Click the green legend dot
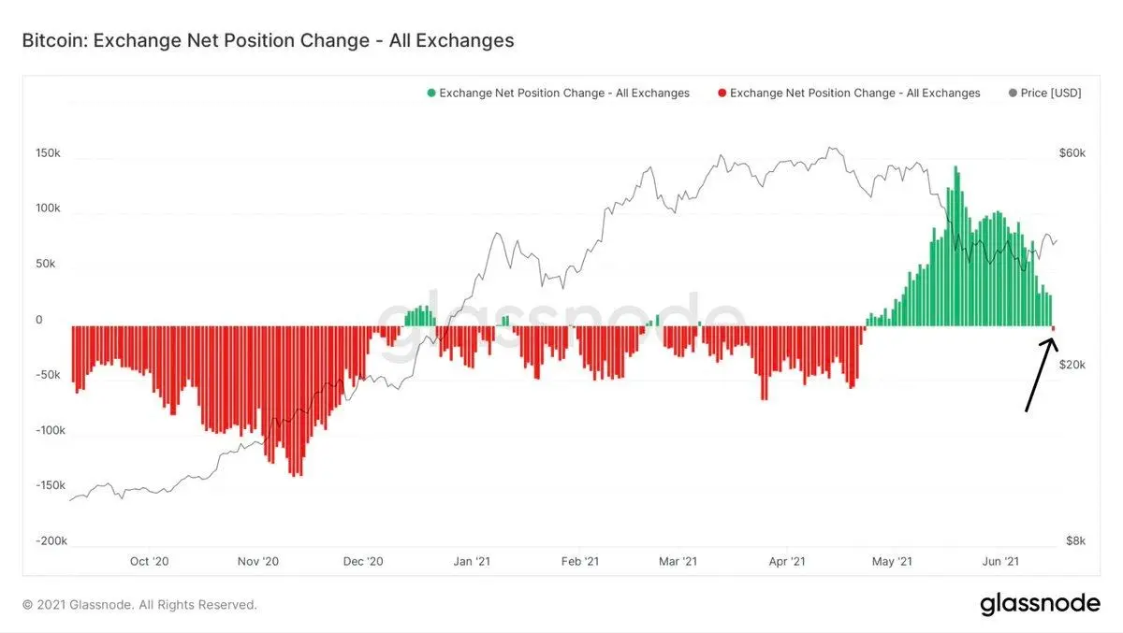(x=431, y=94)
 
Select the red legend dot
(x=722, y=94)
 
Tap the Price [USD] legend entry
(x=1044, y=94)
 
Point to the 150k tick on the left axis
(x=48, y=153)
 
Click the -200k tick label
(x=51, y=540)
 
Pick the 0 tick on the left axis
(x=39, y=320)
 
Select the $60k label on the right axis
(x=1072, y=153)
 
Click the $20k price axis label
(x=1072, y=365)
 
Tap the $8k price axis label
(x=1075, y=540)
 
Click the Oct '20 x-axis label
(x=150, y=561)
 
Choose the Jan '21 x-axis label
(x=472, y=561)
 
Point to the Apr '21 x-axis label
(x=787, y=561)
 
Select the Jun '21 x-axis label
(x=1000, y=561)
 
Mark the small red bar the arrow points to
(x=1054, y=328)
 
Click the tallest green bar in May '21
(x=956, y=246)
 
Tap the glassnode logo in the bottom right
(x=1041, y=603)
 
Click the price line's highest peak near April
(x=830, y=148)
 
